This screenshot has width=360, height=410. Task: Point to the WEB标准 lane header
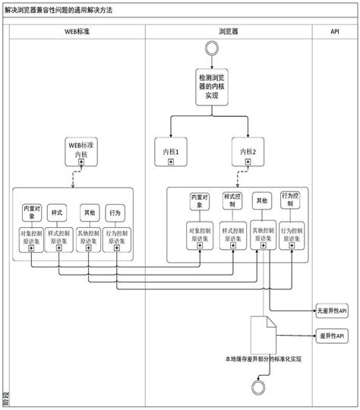(74, 33)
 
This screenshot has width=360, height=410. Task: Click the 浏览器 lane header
(228, 33)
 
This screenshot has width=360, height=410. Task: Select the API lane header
(335, 33)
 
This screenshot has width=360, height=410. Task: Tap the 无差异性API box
(332, 311)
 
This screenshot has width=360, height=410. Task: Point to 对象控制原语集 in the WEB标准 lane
(32, 238)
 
